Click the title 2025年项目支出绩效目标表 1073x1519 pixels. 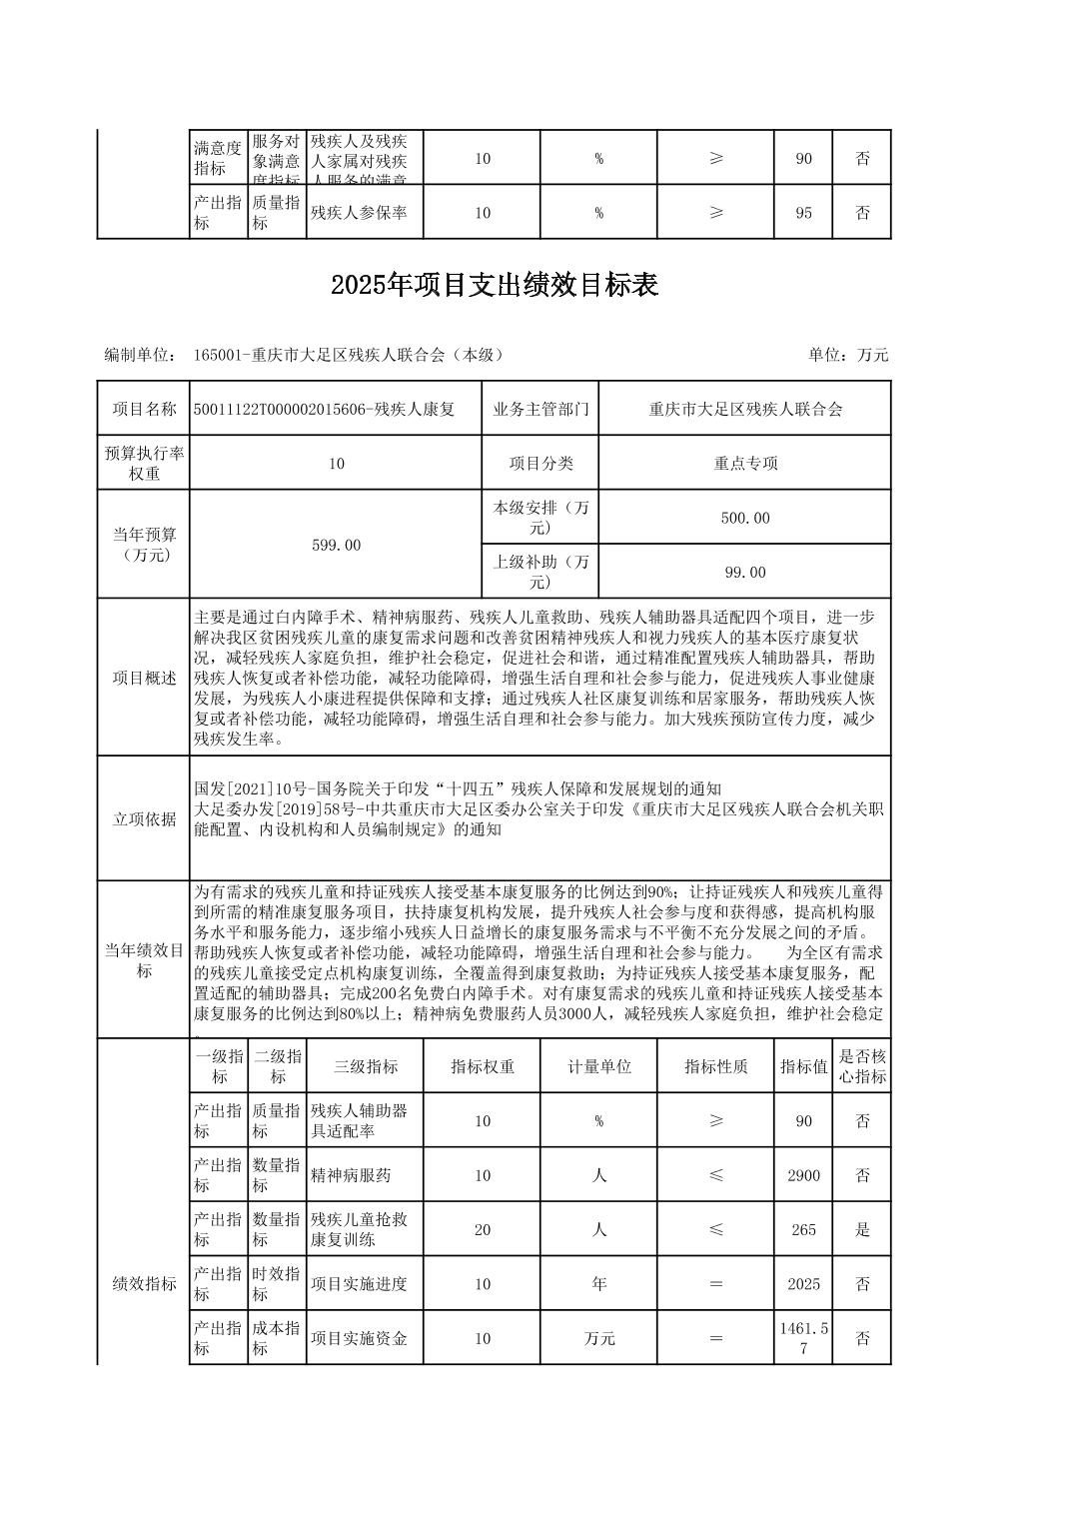coord(495,286)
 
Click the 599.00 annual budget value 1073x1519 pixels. coord(336,545)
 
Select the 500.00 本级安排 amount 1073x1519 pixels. coord(744,518)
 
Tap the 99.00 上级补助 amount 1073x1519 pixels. coord(744,572)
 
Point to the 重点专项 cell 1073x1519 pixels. coord(744,463)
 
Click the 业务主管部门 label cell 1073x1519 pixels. coord(540,409)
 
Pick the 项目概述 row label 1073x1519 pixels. coord(144,679)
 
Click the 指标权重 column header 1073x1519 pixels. coord(483,1066)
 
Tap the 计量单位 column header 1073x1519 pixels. coord(599,1066)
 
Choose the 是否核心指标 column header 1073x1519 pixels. coord(862,1066)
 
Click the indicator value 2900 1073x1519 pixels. coord(803,1175)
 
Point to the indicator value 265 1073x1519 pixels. coord(803,1229)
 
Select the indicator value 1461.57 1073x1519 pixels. coord(803,1338)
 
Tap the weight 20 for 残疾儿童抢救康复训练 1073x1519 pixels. coord(483,1229)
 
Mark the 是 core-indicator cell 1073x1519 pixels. coord(862,1229)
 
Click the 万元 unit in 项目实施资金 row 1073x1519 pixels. coord(599,1338)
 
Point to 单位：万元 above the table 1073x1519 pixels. coord(848,355)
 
